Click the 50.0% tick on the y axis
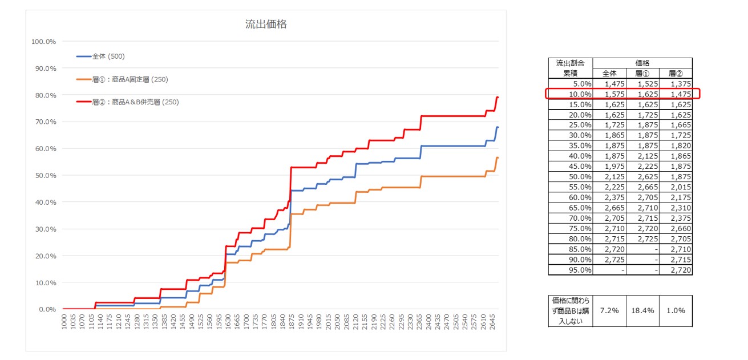coord(45,176)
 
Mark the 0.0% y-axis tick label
coord(46,309)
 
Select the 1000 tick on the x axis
coord(63,330)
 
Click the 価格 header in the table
coord(642,63)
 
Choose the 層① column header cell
coord(642,73)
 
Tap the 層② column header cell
coord(676,73)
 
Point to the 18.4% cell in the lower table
coord(642,311)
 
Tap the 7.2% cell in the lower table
coord(609,311)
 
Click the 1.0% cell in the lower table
coord(676,311)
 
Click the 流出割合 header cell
coord(571,63)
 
